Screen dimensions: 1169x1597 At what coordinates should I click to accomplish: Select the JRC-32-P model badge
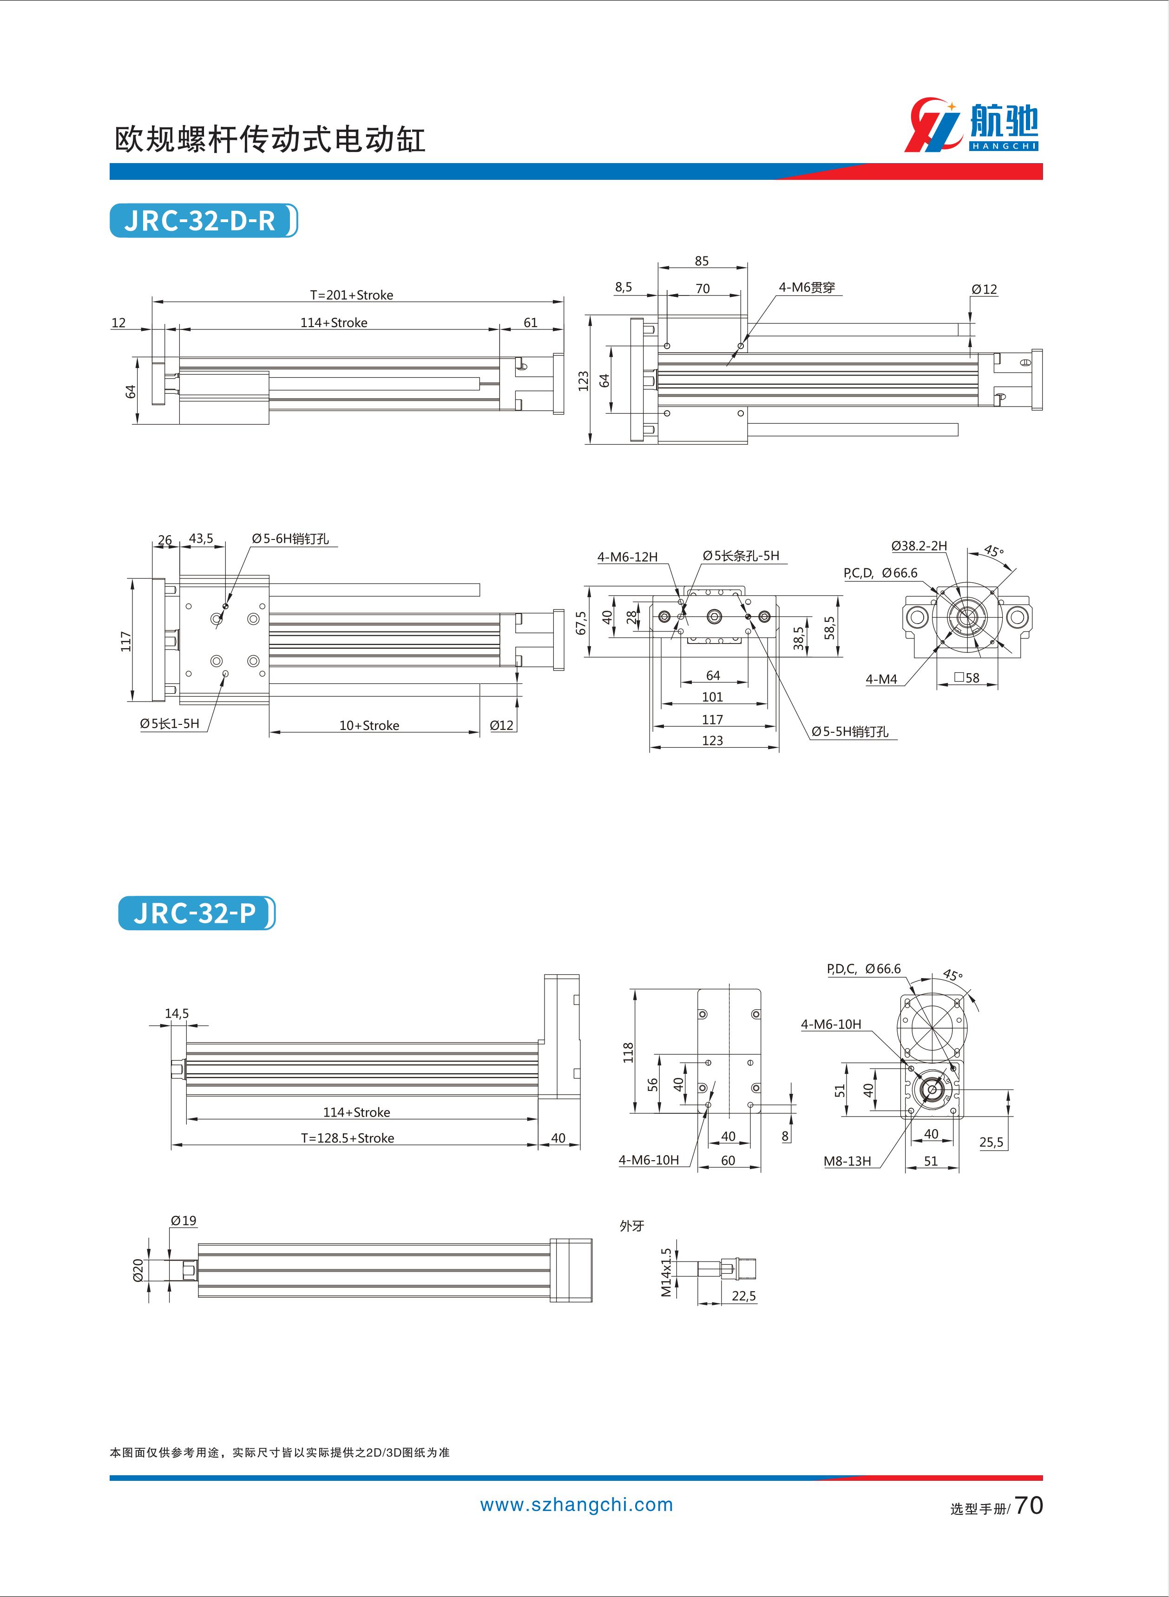pos(196,913)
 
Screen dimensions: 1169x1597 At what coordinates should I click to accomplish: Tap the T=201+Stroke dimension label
pos(352,295)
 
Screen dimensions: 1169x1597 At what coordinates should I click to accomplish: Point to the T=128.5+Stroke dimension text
pos(348,1138)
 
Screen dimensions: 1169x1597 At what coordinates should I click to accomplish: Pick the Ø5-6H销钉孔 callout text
pos(290,539)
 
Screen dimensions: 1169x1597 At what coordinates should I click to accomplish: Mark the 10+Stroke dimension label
pos(369,725)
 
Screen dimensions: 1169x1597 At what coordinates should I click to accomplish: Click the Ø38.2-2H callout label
pos(919,545)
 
